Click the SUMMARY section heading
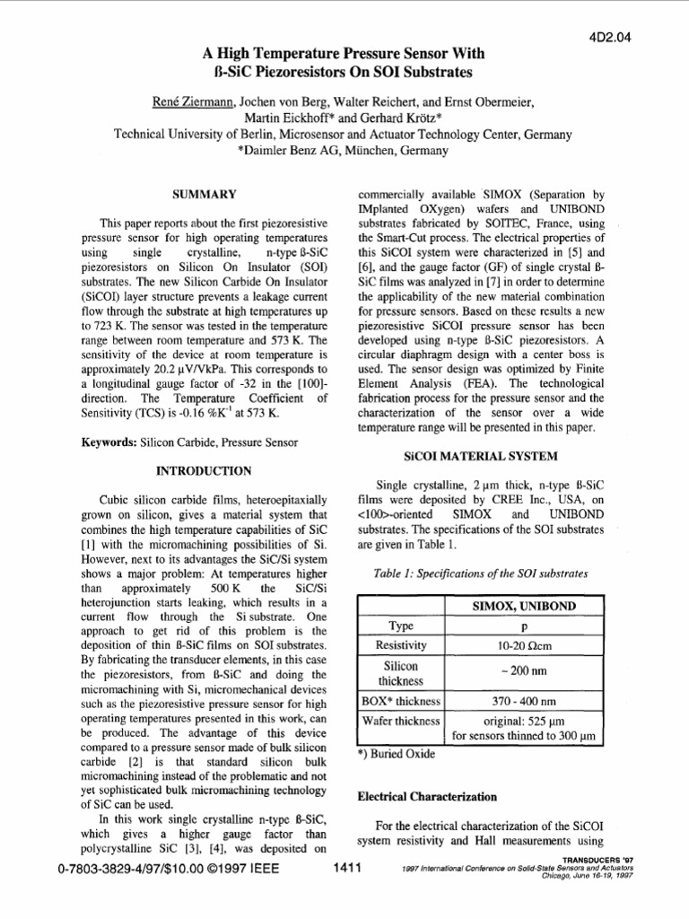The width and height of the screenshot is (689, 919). (204, 194)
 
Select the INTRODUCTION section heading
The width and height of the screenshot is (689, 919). (204, 469)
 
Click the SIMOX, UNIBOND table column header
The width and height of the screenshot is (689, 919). (525, 607)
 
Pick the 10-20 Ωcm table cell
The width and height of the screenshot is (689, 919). (525, 645)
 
